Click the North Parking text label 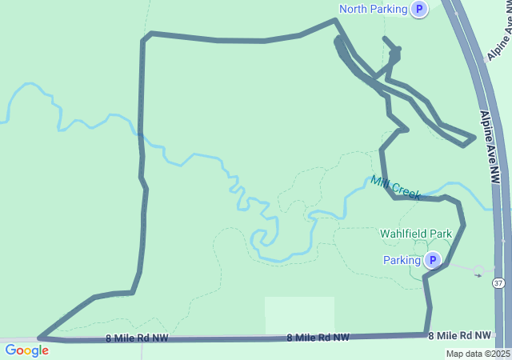(374, 9)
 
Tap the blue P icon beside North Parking (419, 9)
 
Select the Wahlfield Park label (415, 234)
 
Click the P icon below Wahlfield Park (432, 260)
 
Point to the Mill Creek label (395, 188)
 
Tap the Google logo (26, 350)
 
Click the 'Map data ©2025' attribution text (478, 354)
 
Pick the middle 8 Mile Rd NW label (318, 338)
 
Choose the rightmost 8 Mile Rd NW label (459, 335)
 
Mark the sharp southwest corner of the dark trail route (39, 338)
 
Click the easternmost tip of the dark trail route (475, 138)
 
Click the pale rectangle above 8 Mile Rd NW (299, 314)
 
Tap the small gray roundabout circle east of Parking (478, 270)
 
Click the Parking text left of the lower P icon (402, 260)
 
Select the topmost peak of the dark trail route (334, 20)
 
